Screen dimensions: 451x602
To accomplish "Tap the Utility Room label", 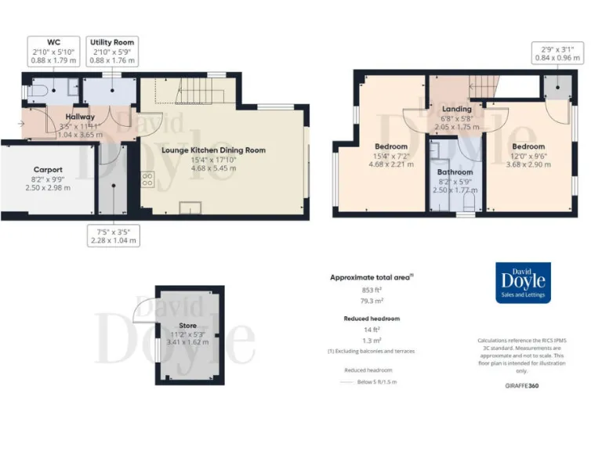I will click(112, 41).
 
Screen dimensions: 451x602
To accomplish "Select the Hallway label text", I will click(80, 117).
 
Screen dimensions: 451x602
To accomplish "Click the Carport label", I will click(48, 169).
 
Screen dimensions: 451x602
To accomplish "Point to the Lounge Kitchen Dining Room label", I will click(213, 150).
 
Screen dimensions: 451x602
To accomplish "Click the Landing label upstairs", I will click(456, 109).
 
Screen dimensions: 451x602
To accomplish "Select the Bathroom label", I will click(455, 172).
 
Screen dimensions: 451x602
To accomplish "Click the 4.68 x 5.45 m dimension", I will click(213, 168).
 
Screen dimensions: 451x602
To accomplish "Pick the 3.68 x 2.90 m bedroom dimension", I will click(528, 164).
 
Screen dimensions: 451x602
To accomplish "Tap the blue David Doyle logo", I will click(524, 283).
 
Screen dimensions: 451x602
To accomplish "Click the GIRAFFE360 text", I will click(522, 386).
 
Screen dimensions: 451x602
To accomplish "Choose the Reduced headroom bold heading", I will click(372, 319).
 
